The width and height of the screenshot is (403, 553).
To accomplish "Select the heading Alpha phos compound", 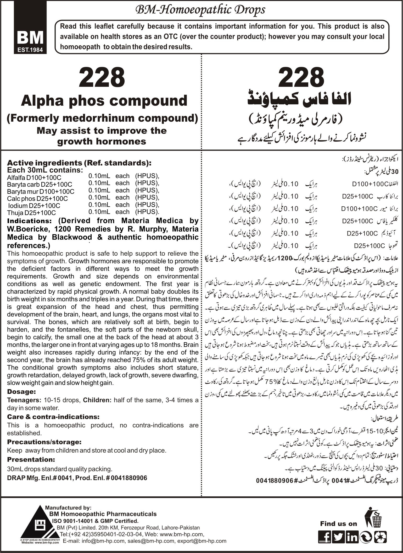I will pos(104,101).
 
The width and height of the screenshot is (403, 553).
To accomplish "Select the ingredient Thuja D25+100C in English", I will pos(31,213).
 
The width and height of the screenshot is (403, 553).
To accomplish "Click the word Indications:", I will pos(29,221).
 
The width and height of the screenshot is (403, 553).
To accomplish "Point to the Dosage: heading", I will pos(21,392).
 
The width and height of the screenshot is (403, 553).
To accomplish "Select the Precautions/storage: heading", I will pos(44,442).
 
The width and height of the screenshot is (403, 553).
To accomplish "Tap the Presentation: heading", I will pos(31,459).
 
